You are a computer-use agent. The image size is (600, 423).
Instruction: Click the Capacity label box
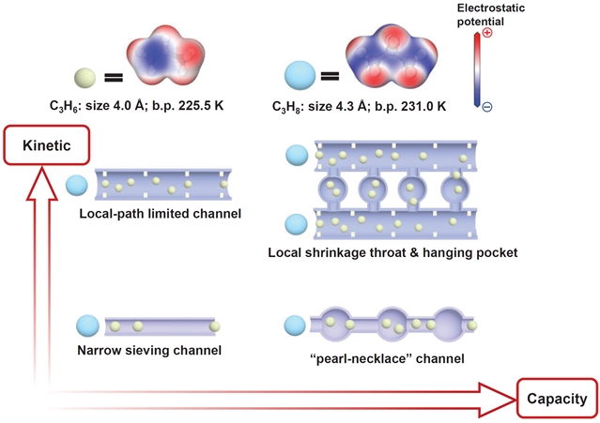(x=557, y=398)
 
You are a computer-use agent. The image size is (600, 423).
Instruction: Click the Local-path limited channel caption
(x=161, y=214)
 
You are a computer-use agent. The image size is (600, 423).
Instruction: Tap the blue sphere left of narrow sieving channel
(x=90, y=325)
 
